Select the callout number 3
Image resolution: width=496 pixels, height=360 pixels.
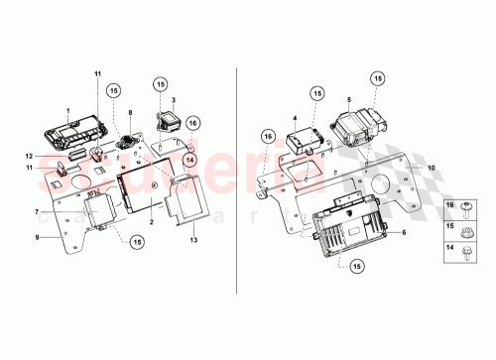coord(174,100)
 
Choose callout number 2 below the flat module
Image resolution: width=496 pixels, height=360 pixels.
coord(151,225)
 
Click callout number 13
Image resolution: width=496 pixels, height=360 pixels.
coord(193,239)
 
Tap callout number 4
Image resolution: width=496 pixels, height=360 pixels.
coord(296,118)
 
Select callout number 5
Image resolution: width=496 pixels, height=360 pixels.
coord(348,100)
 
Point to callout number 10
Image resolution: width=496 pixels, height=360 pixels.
coord(431,167)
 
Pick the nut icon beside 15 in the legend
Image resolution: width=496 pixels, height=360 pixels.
coord(464,227)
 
